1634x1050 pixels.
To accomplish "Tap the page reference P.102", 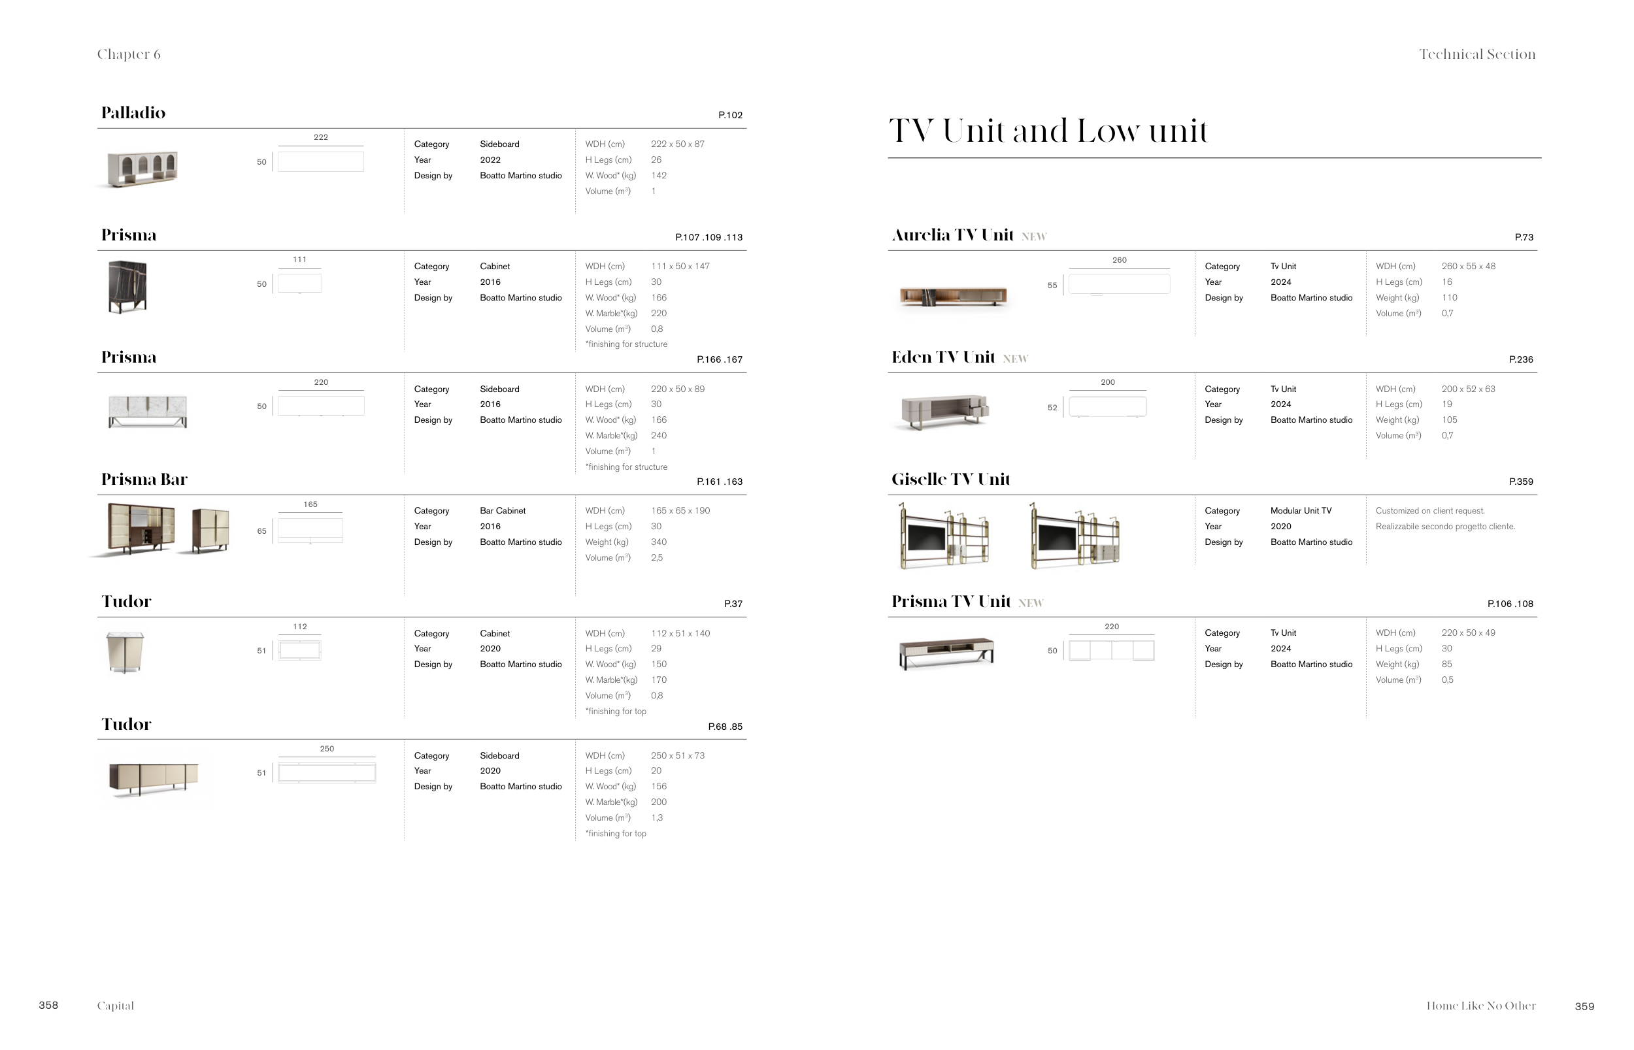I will tap(729, 115).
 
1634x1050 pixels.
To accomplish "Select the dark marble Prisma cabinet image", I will tap(127, 286).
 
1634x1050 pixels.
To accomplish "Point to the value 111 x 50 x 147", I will tap(680, 267).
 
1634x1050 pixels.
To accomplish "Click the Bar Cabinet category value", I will tap(503, 511).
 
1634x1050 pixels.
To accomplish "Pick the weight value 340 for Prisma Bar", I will tap(658, 542).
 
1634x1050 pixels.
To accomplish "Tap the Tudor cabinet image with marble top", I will tap(125, 652).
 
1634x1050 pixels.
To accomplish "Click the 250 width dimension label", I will tap(327, 749).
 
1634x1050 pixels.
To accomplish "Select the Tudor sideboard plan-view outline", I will tap(327, 772).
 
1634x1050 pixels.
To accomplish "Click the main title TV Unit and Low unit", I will tap(1048, 131).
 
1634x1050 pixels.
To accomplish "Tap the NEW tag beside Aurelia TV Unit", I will tap(1034, 237).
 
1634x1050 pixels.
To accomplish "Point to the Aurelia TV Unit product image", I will tap(953, 296).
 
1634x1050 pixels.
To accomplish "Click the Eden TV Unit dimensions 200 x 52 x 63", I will tap(1467, 389).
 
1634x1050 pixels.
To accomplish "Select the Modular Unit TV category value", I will tap(1301, 511).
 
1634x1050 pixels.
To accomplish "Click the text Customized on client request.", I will tap(1429, 511).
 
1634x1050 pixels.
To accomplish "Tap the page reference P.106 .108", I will tap(1510, 604).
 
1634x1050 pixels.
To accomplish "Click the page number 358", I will tap(48, 1005).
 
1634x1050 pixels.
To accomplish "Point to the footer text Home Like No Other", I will tap(1480, 1006).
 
